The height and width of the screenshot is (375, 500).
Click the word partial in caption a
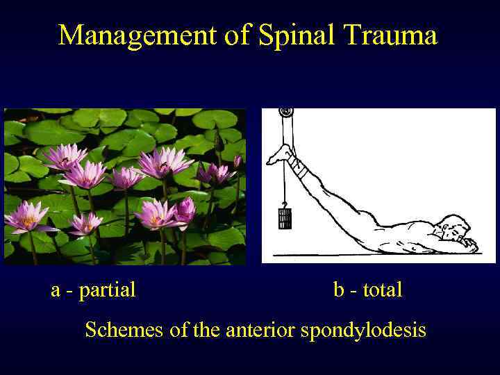pyautogui.click(x=107, y=290)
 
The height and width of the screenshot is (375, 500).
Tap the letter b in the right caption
pyautogui.click(x=339, y=290)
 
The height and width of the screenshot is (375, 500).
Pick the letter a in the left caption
pyautogui.click(x=56, y=290)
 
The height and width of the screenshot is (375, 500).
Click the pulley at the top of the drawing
pyautogui.click(x=285, y=112)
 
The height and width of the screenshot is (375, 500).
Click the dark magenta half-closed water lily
pyautogui.click(x=185, y=210)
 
